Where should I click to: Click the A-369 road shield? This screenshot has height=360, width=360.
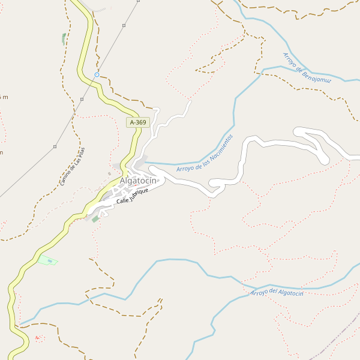(x=137, y=122)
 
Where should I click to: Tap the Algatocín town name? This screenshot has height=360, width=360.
(x=138, y=181)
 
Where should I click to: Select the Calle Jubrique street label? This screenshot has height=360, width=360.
(x=132, y=195)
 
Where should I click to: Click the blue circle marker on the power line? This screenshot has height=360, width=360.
(x=97, y=75)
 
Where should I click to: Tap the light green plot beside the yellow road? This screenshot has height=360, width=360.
(x=47, y=260)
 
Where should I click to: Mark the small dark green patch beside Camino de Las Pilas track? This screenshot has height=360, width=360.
(x=64, y=39)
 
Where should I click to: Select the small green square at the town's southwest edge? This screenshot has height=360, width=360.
(x=95, y=220)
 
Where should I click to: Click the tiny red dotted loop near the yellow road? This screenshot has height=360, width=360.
(x=38, y=338)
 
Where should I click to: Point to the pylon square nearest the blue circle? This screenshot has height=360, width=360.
(x=82, y=99)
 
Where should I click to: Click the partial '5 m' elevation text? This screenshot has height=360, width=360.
(x=4, y=97)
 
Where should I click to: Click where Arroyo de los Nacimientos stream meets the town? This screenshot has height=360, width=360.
(x=145, y=162)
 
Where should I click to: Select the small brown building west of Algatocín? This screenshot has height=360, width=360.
(x=109, y=174)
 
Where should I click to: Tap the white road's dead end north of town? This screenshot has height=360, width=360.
(x=190, y=101)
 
